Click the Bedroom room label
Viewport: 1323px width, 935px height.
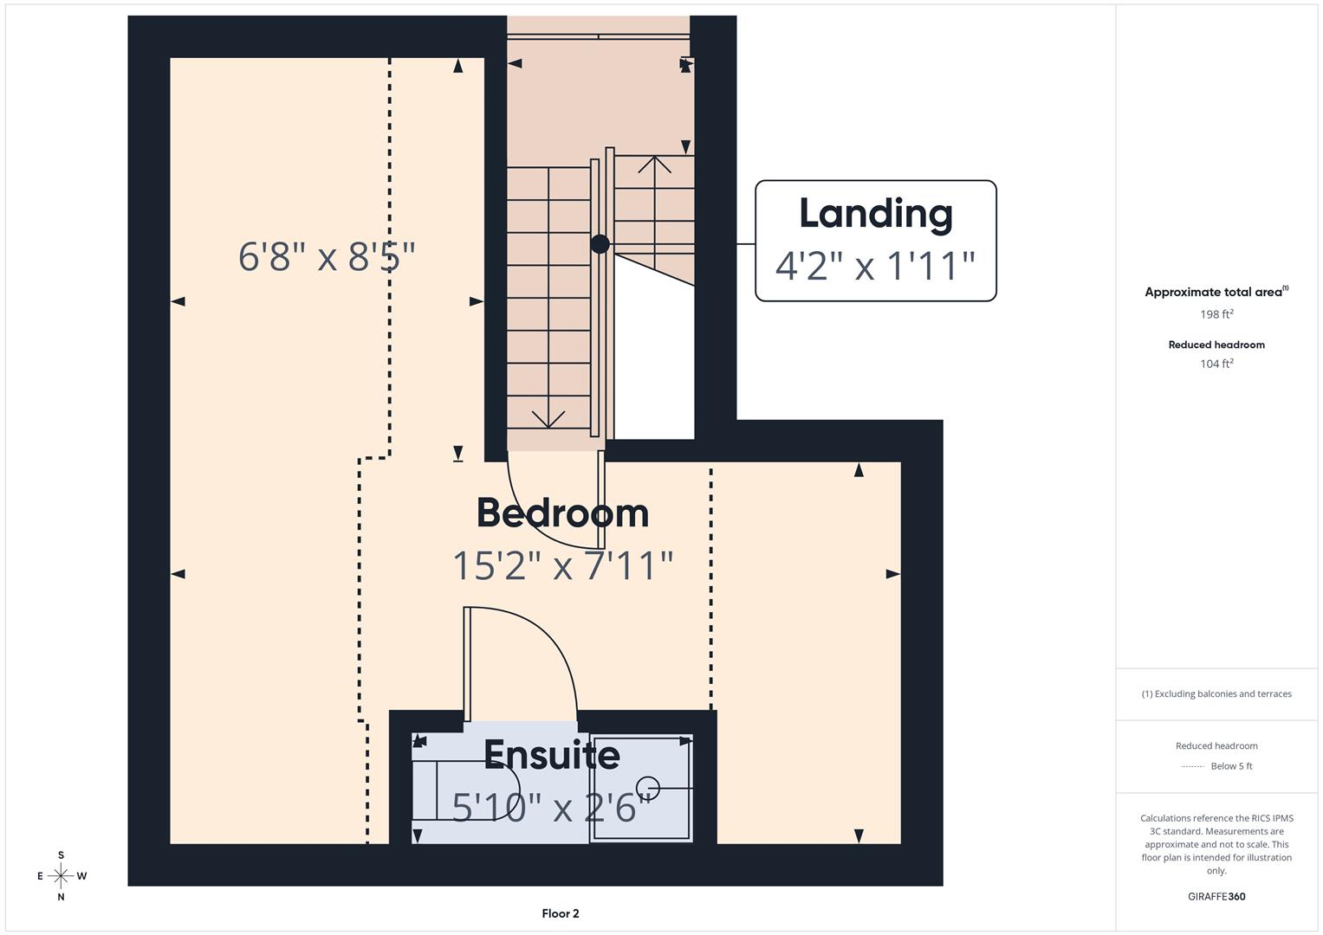[562, 513]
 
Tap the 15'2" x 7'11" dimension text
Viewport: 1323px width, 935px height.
[562, 566]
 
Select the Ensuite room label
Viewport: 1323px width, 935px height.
[551, 755]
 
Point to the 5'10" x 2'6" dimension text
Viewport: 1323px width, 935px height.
[551, 808]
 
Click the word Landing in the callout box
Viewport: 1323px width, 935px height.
[875, 214]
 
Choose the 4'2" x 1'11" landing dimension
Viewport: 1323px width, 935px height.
[875, 266]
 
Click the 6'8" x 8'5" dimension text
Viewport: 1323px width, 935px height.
[327, 257]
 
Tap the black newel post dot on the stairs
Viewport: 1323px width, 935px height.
[600, 244]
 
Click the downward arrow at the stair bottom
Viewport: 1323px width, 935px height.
[548, 419]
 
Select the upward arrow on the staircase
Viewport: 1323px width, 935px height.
[654, 164]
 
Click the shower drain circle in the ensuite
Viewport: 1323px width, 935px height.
[648, 788]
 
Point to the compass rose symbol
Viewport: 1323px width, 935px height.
[61, 876]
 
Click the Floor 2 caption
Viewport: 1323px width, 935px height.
[561, 913]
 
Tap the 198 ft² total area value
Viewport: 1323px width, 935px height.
[1216, 314]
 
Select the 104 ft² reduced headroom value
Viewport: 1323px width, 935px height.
[1216, 364]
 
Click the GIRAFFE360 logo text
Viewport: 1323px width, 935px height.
[1216, 896]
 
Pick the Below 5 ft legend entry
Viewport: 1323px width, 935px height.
[1230, 766]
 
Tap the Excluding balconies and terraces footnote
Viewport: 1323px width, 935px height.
[1216, 693]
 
